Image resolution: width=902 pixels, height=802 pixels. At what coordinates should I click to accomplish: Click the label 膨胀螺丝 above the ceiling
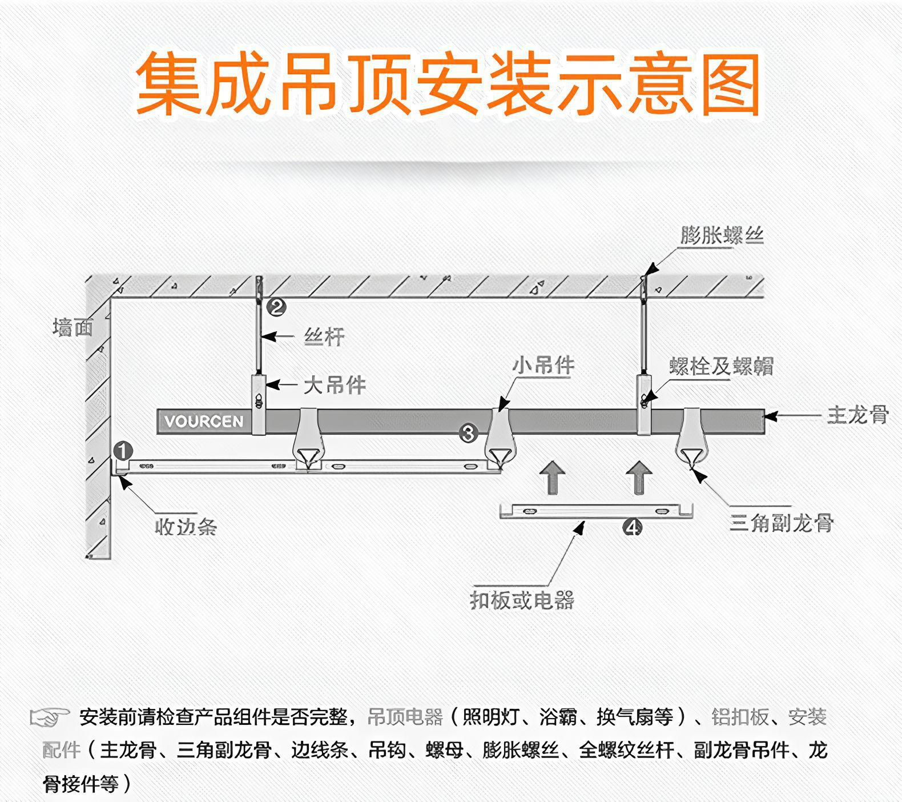tap(722, 235)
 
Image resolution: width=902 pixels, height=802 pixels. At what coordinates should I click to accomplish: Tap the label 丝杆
tap(324, 337)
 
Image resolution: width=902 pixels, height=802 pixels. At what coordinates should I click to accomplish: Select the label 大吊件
tap(335, 386)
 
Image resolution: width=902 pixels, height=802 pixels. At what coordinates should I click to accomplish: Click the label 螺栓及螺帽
tap(722, 366)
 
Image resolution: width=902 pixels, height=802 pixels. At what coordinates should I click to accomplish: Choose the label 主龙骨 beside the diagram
tap(858, 415)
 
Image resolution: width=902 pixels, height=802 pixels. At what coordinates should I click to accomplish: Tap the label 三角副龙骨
tap(782, 523)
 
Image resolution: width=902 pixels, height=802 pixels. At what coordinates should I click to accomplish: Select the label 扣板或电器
tap(522, 600)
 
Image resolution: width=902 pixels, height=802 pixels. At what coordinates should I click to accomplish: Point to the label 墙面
tap(73, 328)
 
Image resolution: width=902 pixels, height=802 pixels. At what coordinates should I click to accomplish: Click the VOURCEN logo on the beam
tap(204, 422)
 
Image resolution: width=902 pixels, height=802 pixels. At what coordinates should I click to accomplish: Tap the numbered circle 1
tap(123, 451)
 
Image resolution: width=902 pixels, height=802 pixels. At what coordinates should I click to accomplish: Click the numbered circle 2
tap(276, 307)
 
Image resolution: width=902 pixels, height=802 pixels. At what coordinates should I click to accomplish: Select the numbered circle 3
tap(468, 433)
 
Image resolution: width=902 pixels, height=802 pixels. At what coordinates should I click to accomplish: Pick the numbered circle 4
tap(632, 527)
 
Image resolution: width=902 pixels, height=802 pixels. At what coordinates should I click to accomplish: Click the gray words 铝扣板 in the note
tap(740, 717)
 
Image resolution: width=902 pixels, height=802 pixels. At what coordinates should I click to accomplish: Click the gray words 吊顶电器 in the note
tap(405, 717)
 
